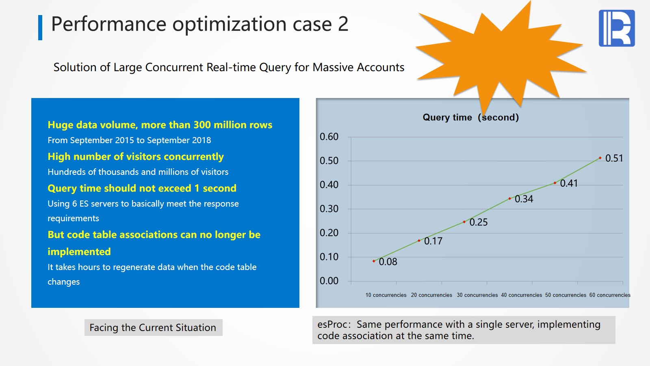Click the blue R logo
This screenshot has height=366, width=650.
617,28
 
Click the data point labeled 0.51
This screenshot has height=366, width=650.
600,158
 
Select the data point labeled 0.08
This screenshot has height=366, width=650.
374,261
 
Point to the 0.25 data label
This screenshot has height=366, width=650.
478,222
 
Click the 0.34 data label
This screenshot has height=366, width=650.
524,199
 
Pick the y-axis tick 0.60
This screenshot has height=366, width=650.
329,137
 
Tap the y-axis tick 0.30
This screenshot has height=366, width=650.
329,209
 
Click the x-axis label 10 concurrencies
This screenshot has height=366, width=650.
386,295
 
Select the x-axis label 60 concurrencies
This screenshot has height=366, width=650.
610,295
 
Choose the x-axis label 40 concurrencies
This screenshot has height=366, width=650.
521,295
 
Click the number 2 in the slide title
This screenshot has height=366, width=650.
343,24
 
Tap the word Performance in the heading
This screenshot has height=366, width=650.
108,24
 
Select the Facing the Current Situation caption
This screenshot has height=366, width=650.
153,328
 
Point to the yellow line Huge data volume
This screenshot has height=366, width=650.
160,125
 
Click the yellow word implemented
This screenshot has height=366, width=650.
79,252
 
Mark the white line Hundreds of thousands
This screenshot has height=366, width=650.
138,172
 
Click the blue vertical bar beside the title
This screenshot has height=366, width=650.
40,27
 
